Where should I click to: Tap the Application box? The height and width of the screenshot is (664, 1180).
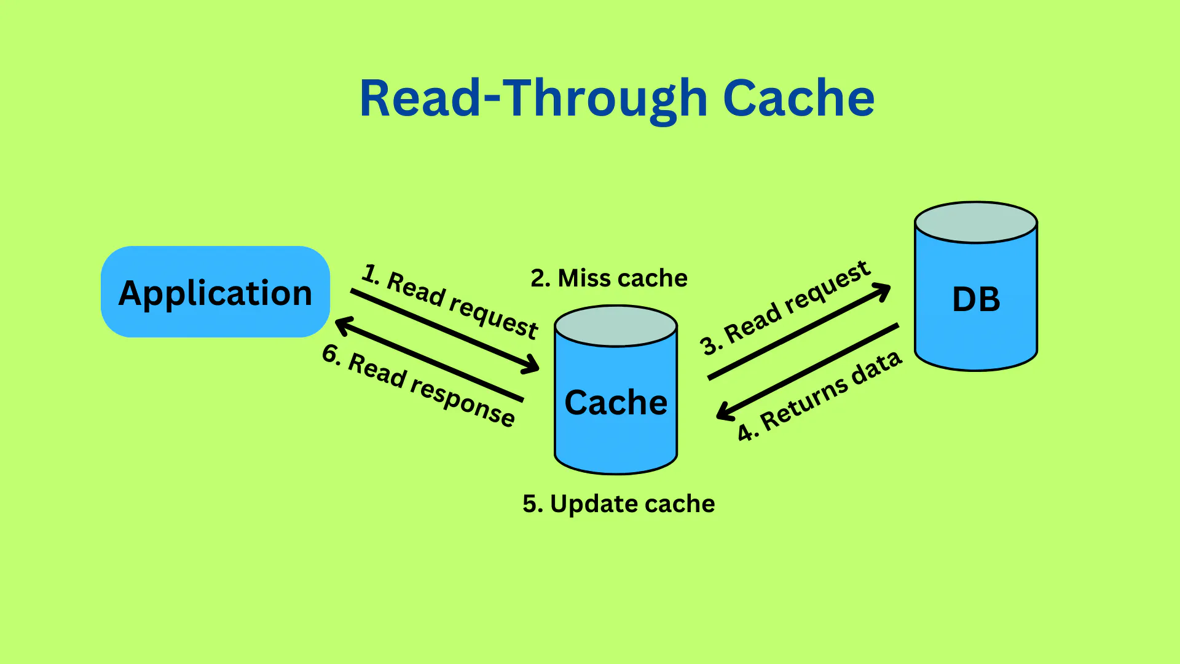click(x=215, y=292)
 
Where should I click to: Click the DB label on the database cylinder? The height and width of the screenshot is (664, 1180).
click(x=976, y=300)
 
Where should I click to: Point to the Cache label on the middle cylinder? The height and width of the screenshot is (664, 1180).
click(x=616, y=403)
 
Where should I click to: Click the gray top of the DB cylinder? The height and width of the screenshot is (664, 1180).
click(x=976, y=223)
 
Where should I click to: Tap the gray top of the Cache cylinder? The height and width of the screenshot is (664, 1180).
click(x=616, y=326)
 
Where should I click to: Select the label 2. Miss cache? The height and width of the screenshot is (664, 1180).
click(x=608, y=279)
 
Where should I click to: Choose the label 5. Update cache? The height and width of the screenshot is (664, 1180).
click(x=618, y=504)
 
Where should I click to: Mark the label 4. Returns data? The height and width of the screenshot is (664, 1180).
click(x=820, y=397)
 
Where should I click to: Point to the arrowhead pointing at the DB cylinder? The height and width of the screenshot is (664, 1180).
click(x=883, y=290)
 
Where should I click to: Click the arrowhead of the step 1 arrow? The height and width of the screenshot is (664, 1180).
click(x=532, y=366)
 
